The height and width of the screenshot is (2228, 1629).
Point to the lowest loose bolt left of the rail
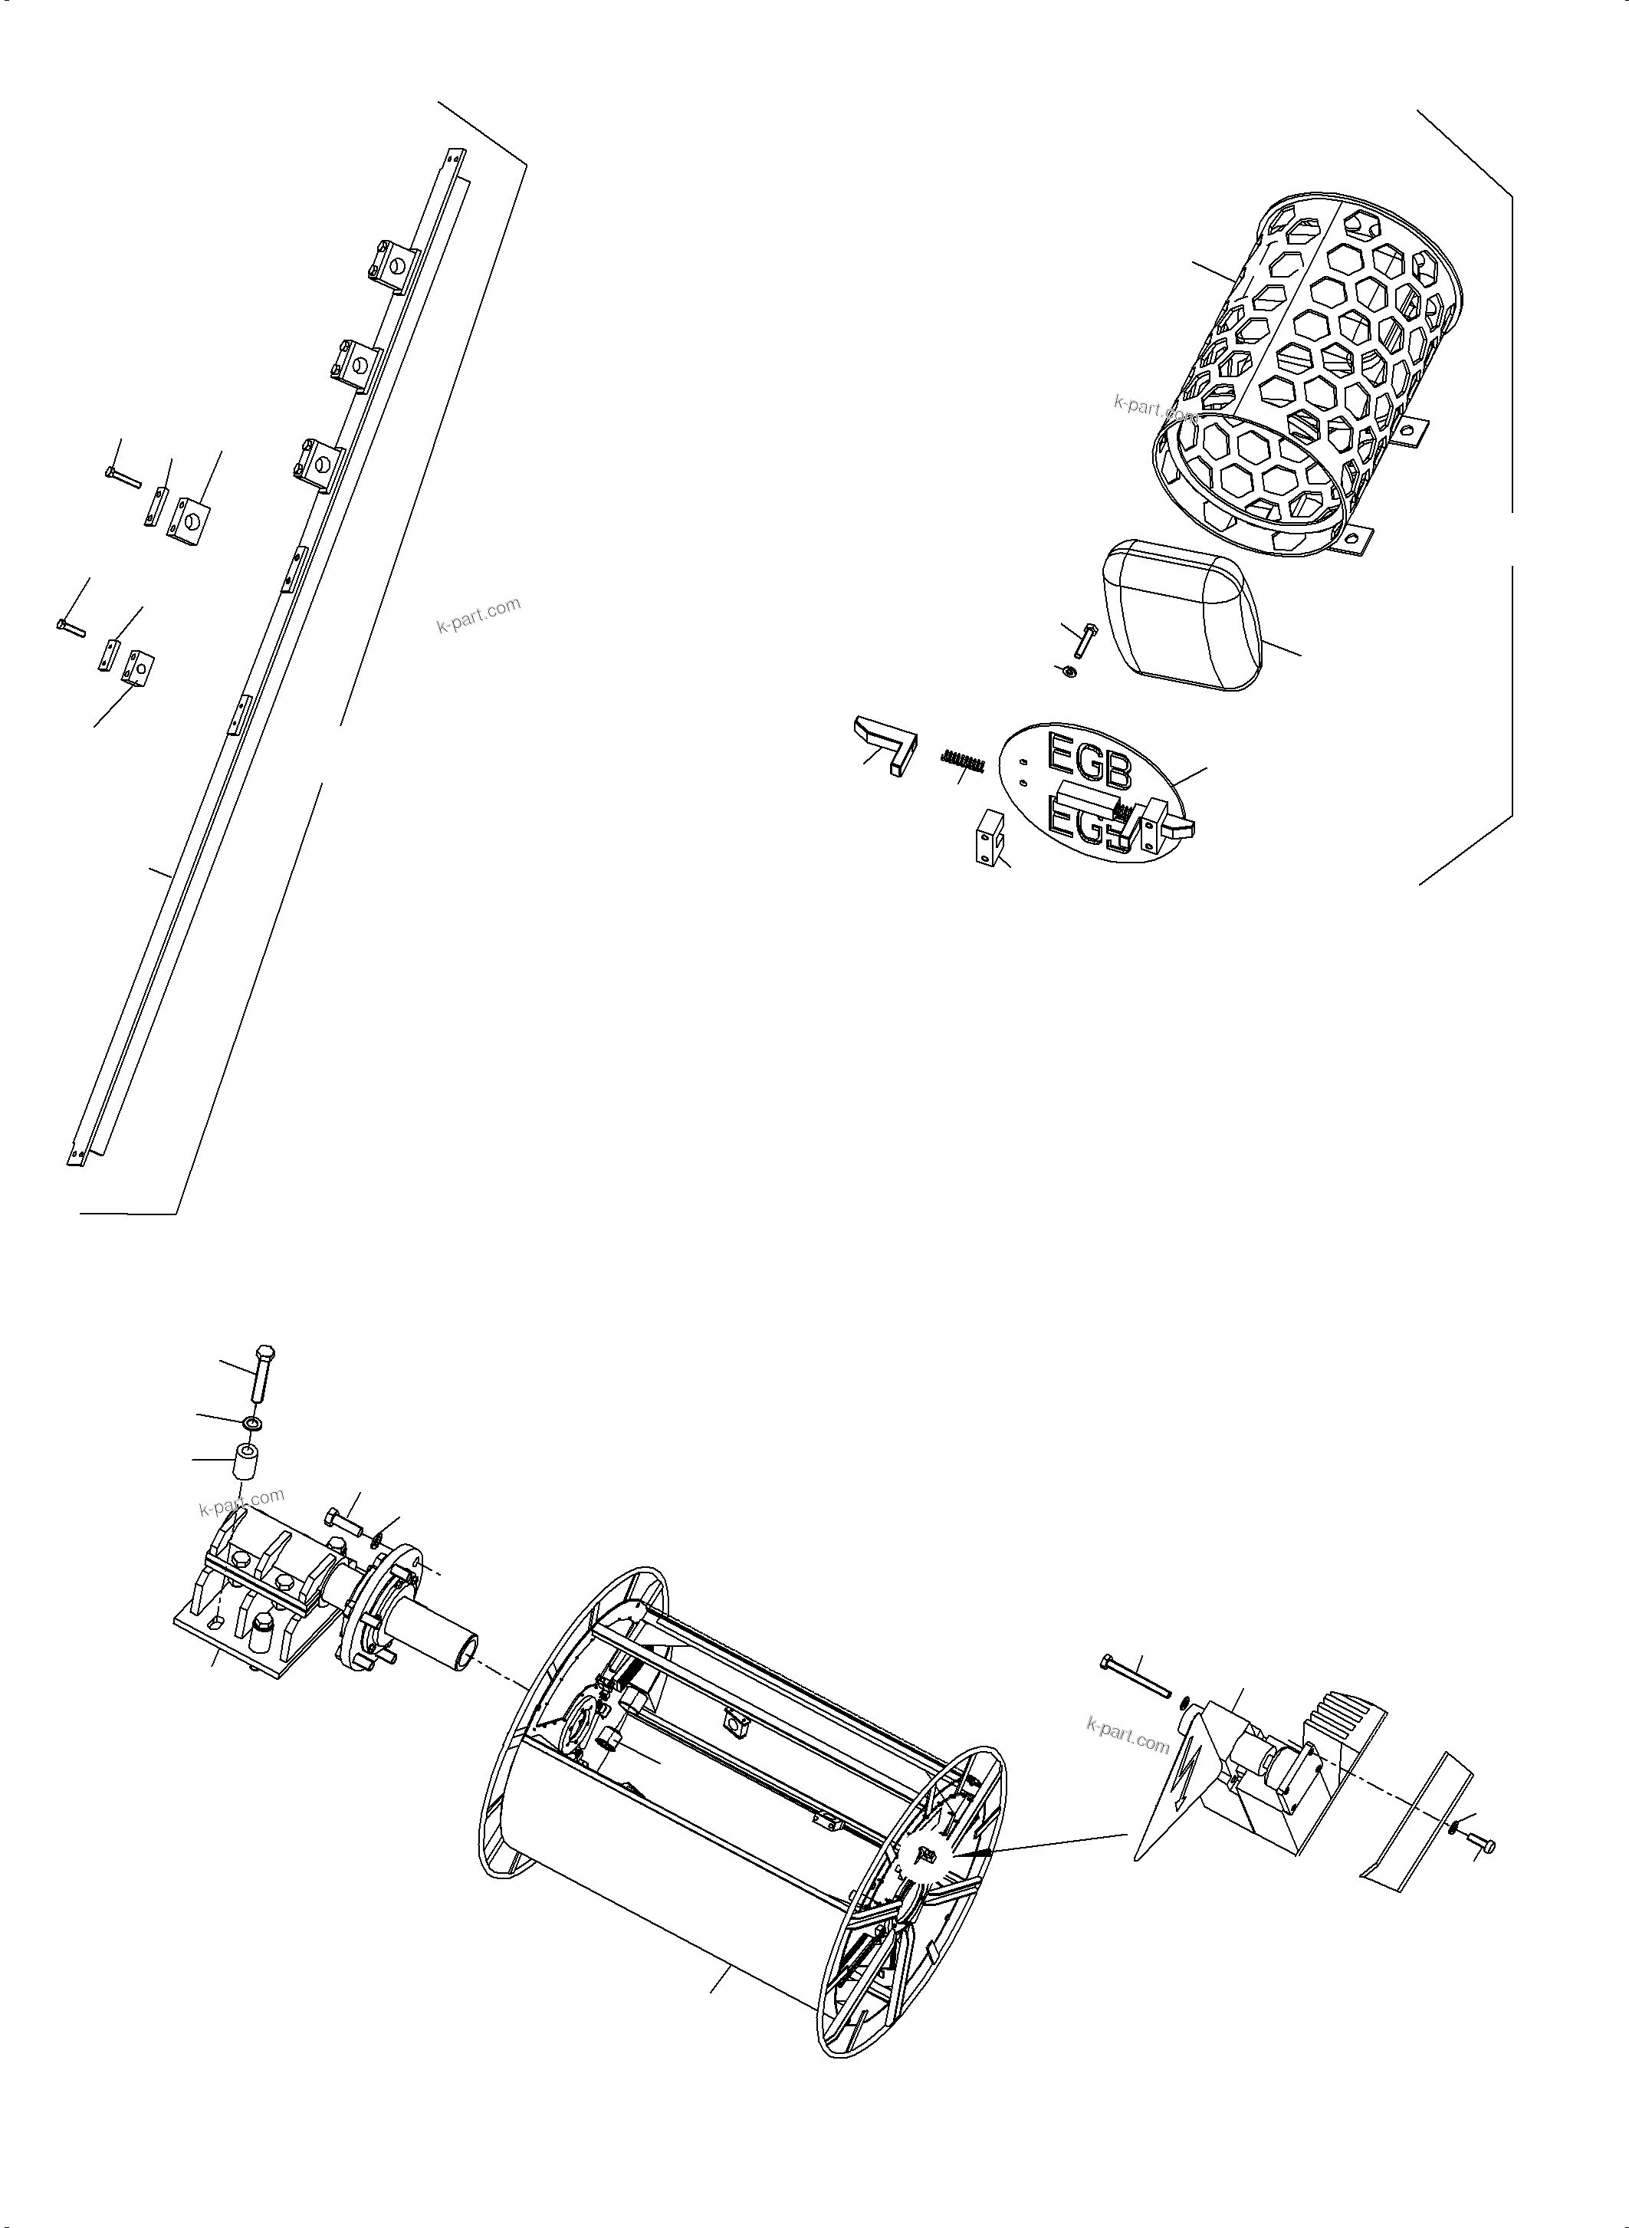pyautogui.click(x=71, y=626)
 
